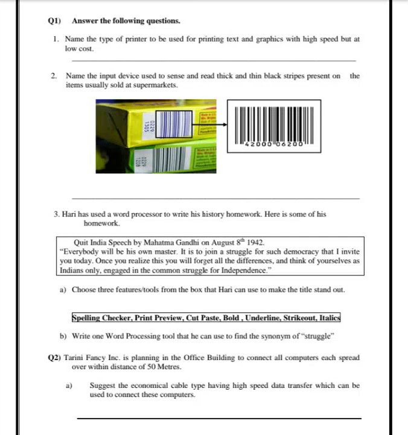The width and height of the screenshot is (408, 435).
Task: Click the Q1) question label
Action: coord(55,21)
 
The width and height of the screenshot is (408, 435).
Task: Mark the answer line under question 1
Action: coord(214,60)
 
